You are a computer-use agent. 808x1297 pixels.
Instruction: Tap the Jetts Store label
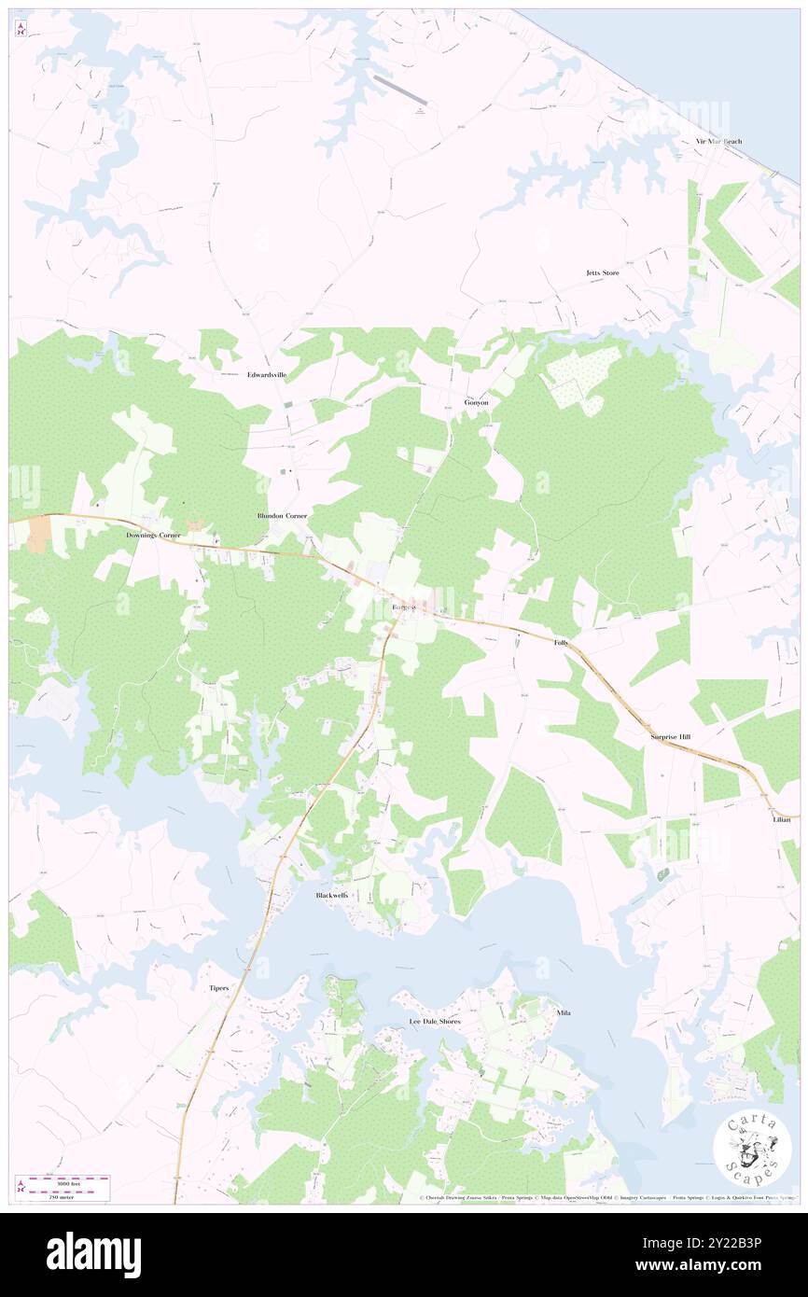pyautogui.click(x=602, y=272)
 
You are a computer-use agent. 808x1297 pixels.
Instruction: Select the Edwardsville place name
pyautogui.click(x=267, y=374)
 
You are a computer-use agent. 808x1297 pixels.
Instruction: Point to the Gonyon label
pyautogui.click(x=477, y=402)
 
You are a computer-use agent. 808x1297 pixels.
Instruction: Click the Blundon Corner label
pyautogui.click(x=282, y=515)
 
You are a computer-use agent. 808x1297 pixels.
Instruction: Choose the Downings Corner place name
pyautogui.click(x=153, y=536)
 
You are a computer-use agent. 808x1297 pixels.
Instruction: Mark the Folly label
pyautogui.click(x=561, y=643)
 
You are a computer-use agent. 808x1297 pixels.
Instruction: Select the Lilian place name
pyautogui.click(x=781, y=819)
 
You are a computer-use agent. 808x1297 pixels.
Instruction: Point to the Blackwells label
pyautogui.click(x=331, y=895)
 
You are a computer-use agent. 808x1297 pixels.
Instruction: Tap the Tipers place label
pyautogui.click(x=217, y=987)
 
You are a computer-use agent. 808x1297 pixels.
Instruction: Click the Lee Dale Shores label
pyautogui.click(x=435, y=1022)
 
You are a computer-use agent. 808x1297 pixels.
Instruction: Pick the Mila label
pyautogui.click(x=563, y=1012)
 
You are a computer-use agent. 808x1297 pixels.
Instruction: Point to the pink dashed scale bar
pyautogui.click(x=63, y=1179)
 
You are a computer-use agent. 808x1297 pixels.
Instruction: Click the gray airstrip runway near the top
pyautogui.click(x=399, y=90)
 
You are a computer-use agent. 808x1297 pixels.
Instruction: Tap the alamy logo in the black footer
pyautogui.click(x=93, y=1254)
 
